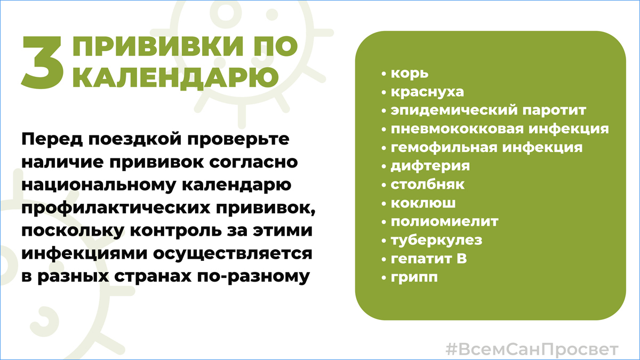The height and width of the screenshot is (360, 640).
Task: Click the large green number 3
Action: (x=43, y=62)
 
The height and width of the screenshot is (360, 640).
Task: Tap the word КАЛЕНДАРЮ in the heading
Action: (x=175, y=77)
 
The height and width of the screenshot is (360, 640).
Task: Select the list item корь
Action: (x=410, y=74)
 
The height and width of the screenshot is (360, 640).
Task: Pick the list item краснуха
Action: (x=427, y=92)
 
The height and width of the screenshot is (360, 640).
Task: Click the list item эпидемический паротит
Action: (x=489, y=110)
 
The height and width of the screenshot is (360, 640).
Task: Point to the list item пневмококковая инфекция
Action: (x=500, y=129)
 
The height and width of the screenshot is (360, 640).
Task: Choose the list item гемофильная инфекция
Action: (x=486, y=148)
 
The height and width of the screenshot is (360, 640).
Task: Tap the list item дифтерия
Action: (x=430, y=166)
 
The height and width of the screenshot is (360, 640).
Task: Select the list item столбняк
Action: (x=427, y=185)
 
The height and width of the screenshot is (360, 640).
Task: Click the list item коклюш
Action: (x=423, y=203)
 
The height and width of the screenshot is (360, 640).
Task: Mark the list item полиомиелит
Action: (x=444, y=222)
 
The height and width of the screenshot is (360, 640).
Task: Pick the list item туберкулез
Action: (x=436, y=241)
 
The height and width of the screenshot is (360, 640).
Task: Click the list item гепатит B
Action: (x=429, y=259)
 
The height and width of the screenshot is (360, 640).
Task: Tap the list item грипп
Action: (x=414, y=278)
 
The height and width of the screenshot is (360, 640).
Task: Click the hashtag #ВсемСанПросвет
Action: (x=532, y=349)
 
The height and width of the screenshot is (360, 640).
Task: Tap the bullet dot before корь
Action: (x=383, y=74)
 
